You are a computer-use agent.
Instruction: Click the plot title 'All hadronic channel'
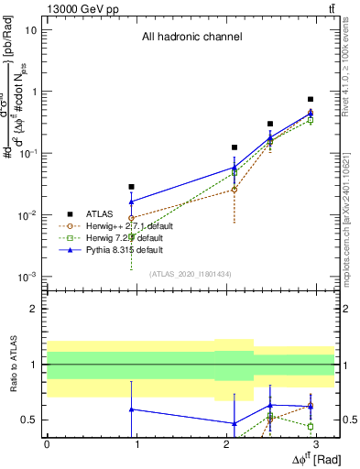pyautogui.click(x=191, y=38)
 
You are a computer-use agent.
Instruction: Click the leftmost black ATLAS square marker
pyautogui.click(x=132, y=187)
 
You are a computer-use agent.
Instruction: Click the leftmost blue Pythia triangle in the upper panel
pyautogui.click(x=132, y=202)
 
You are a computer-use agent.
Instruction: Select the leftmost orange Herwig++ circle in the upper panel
pyautogui.click(x=132, y=218)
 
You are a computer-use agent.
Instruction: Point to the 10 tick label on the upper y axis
pyautogui.click(x=31, y=30)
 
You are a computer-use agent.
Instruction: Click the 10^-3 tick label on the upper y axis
pyautogui.click(x=27, y=277)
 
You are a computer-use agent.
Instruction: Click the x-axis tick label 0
pyautogui.click(x=46, y=443)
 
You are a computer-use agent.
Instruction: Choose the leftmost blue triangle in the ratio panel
pyautogui.click(x=132, y=409)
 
